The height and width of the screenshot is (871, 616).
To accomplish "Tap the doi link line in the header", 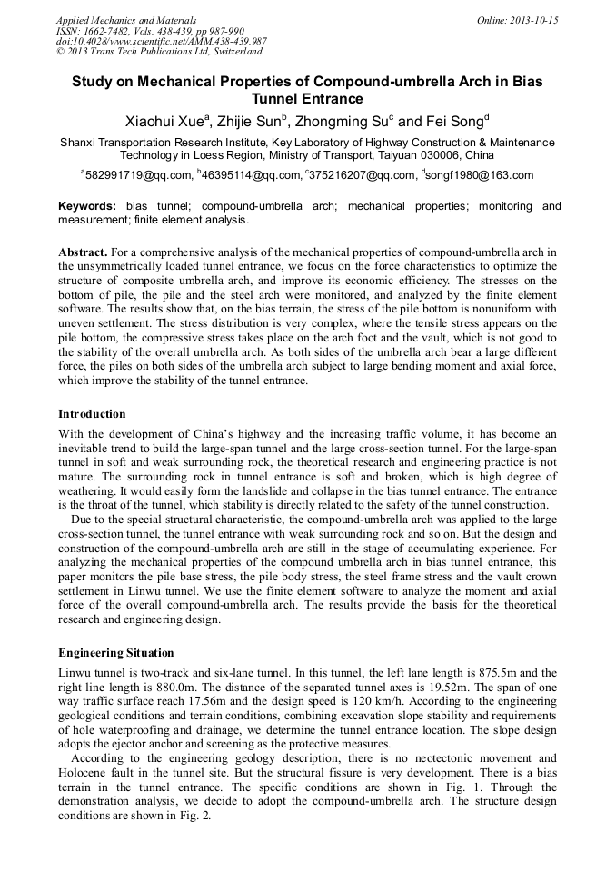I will pos(161,41).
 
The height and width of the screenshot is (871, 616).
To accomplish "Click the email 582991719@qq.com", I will pos(138,175).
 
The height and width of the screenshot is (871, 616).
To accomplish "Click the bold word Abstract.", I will pos(84,252).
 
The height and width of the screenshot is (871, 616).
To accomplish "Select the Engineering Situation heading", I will pos(116,652).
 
